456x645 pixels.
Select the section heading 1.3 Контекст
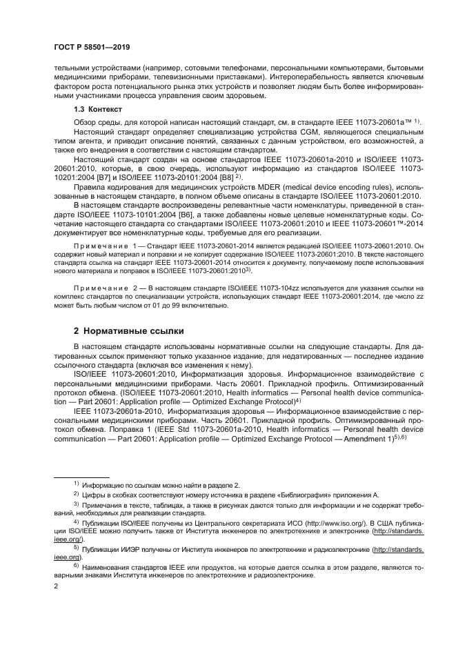97,110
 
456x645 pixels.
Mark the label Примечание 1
101,246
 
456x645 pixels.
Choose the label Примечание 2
101,286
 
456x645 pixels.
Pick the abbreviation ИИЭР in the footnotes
146,549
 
